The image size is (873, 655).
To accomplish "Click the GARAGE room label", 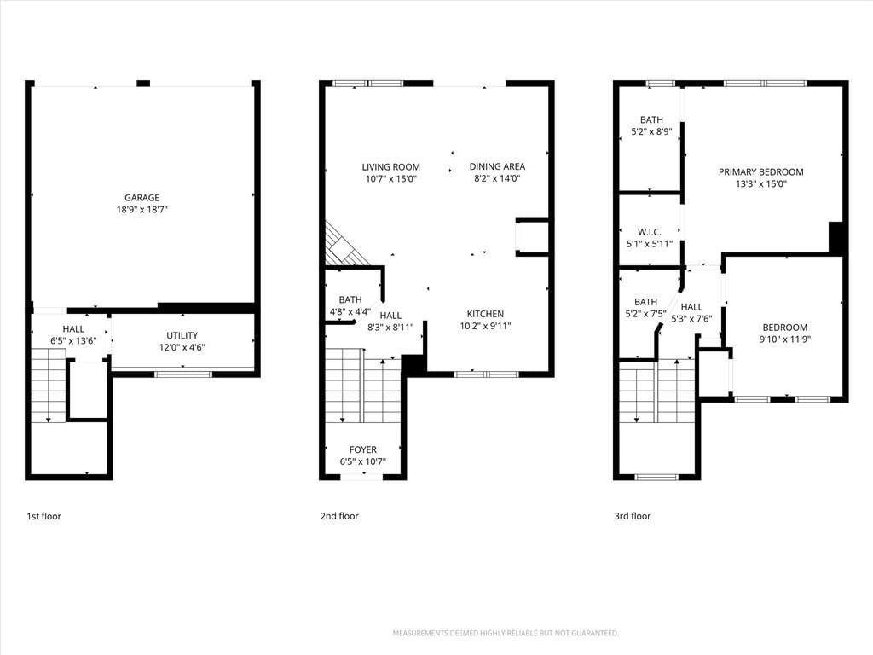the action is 142,198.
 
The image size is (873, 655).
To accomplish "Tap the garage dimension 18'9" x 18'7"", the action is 142,210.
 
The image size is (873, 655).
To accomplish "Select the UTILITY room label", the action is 182,335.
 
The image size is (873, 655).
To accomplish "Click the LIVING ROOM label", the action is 390,167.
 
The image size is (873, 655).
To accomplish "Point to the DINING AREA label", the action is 497,166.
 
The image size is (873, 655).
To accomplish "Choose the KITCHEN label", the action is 485,314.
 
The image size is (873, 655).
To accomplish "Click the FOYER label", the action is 363,449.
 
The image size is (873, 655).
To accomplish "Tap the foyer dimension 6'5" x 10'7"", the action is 363,461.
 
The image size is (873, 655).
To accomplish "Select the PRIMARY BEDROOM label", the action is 761,172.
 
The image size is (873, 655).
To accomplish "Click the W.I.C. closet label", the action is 650,232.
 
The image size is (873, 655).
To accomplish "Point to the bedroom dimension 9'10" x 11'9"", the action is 785,339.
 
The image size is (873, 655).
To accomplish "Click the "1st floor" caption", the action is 44,516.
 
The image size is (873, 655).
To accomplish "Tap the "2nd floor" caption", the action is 339,516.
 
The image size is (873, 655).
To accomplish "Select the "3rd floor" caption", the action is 633,516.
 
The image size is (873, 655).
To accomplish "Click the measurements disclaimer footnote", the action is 506,634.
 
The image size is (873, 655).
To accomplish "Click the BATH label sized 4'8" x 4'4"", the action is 350,299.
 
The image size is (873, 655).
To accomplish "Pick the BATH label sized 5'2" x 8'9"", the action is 651,119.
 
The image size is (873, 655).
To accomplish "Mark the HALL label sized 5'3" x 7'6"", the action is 691,307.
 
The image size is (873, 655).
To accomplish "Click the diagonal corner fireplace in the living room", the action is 346,245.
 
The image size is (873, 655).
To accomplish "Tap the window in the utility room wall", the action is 183,374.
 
